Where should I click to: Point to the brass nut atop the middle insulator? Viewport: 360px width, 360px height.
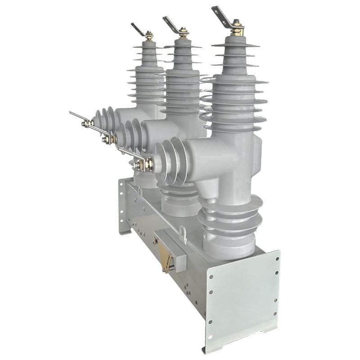click(183, 33)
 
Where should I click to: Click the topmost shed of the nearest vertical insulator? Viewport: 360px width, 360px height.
click(235, 45)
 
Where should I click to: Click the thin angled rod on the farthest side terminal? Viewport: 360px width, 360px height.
click(77, 116)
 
